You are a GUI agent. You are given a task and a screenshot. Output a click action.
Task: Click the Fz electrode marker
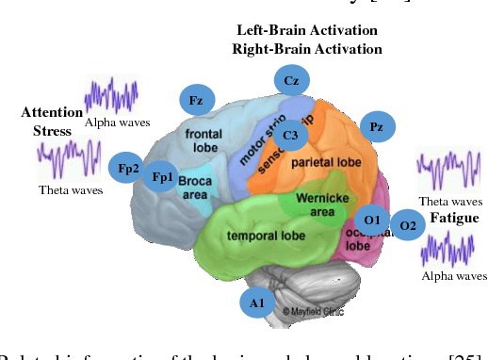tap(197, 98)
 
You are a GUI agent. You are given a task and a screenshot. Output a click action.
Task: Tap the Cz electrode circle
tap(292, 81)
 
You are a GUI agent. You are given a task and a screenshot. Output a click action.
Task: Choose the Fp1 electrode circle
tap(163, 176)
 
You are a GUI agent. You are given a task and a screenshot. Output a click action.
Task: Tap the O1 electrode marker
tap(372, 220)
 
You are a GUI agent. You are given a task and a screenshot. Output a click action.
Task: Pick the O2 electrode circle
tap(408, 224)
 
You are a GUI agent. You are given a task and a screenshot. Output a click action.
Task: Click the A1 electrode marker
tap(257, 302)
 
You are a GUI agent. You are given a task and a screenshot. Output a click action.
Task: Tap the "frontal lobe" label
tap(203, 140)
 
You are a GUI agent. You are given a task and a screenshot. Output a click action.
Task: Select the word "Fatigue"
tap(454, 218)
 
